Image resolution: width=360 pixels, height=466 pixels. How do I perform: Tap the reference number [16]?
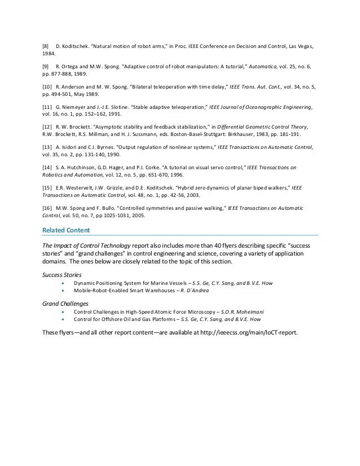(47, 207)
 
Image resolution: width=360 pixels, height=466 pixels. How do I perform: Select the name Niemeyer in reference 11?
(77, 107)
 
